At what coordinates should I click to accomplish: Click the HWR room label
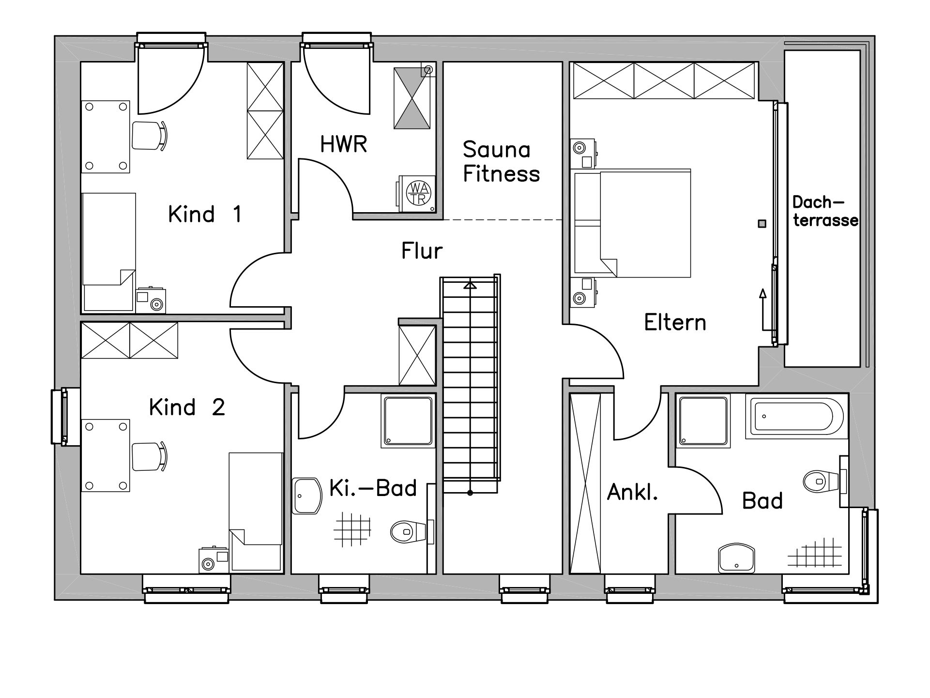[x=344, y=144]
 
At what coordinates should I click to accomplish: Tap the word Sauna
[x=497, y=150]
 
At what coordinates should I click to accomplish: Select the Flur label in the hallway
[x=422, y=251]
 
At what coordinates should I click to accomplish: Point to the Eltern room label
[x=675, y=322]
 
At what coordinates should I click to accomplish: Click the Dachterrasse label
[x=826, y=211]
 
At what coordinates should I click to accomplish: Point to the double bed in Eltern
[x=632, y=223]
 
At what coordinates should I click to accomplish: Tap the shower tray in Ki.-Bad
[x=408, y=421]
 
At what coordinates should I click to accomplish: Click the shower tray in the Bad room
[x=703, y=420]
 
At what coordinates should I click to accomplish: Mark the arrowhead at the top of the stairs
[x=470, y=285]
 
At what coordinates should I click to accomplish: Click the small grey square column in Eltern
[x=762, y=223]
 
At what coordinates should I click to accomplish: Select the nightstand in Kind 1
[x=151, y=301]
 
